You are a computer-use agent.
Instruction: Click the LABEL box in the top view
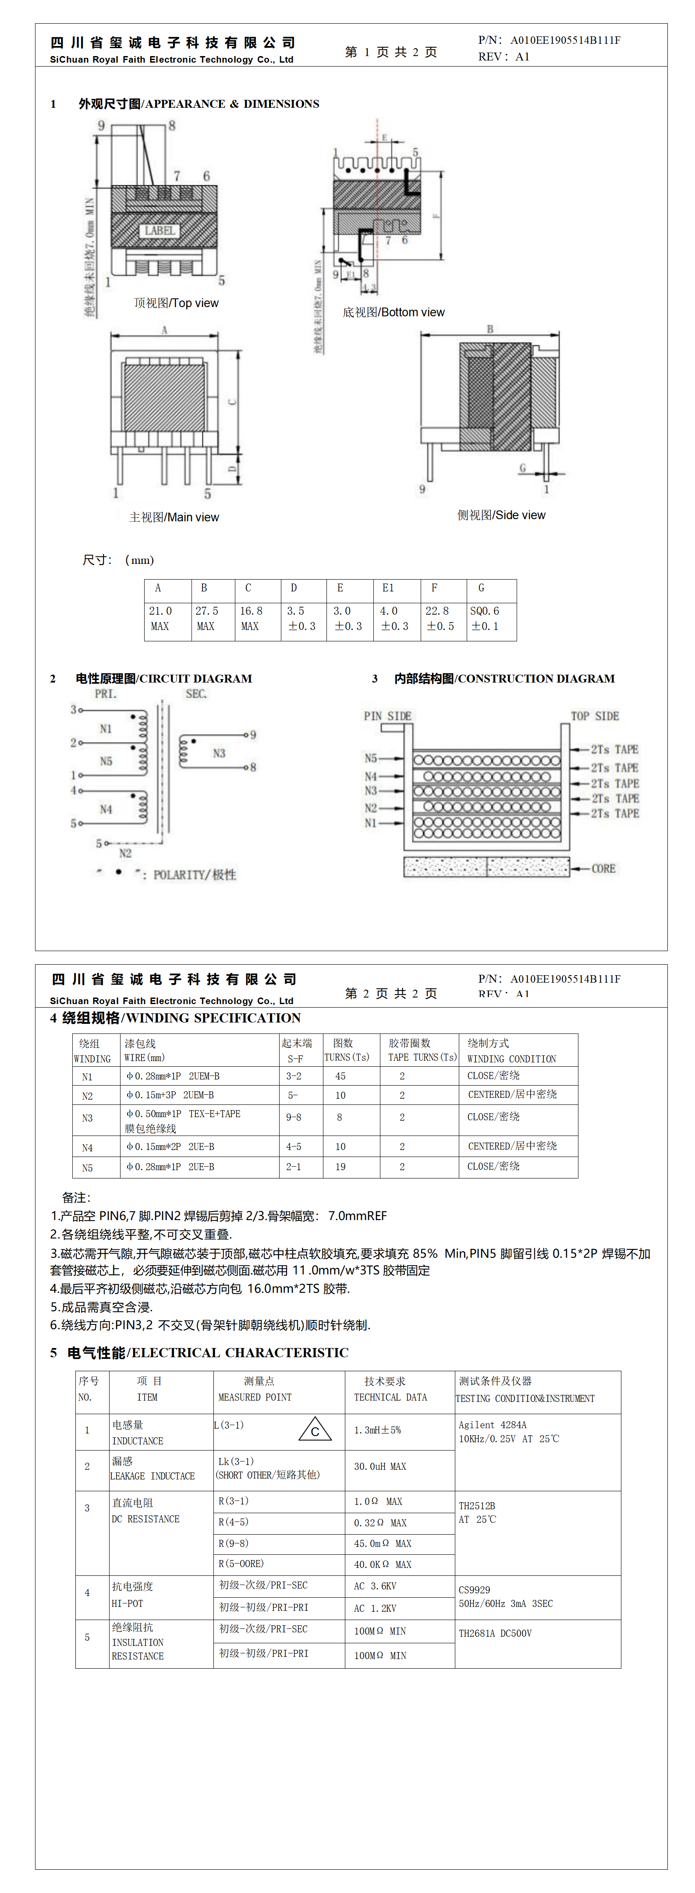click(160, 231)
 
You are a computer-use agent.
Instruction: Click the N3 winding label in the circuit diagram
click(219, 753)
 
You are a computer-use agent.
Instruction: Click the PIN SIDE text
click(387, 716)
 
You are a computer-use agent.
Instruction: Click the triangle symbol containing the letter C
click(315, 1429)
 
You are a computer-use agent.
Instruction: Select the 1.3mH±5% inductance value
click(378, 1430)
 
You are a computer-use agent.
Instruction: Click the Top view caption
click(176, 303)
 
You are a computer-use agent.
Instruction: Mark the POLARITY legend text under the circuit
click(194, 874)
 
